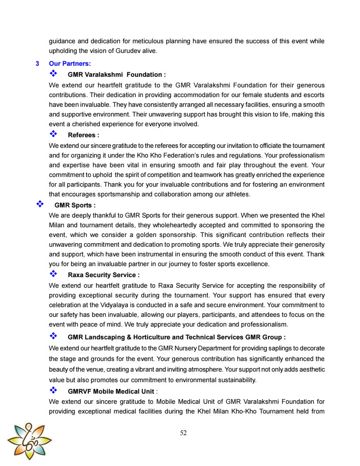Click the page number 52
coord(184,433)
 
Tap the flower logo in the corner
coord(29,440)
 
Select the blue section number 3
coord(37,64)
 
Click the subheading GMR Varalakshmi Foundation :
coord(116,75)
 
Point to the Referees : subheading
coord(83,135)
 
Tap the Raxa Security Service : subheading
coord(104,275)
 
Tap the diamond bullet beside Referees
coord(53,134)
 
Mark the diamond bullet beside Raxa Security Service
coord(53,274)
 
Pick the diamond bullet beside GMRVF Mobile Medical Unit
coord(53,390)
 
